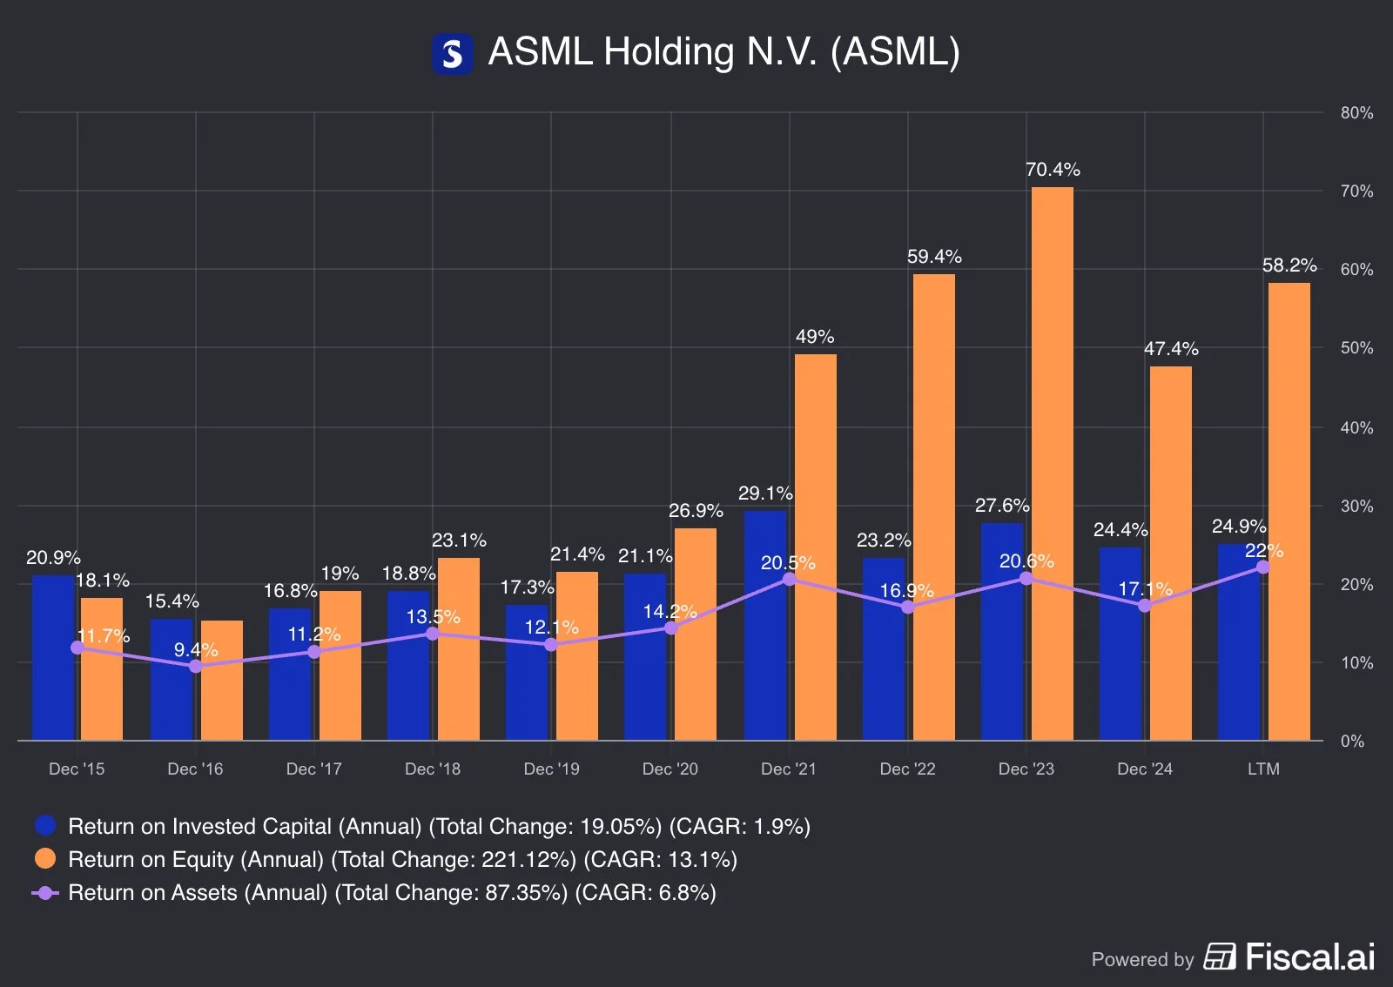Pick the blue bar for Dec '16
(x=172, y=679)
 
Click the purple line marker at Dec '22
(x=907, y=607)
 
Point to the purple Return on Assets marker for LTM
(x=1262, y=567)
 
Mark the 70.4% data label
(x=1053, y=170)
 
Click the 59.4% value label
(x=934, y=257)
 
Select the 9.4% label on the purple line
(x=196, y=650)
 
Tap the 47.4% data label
(x=1171, y=349)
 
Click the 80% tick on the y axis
(x=1356, y=113)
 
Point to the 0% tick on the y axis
(x=1352, y=742)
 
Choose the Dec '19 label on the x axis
(x=551, y=769)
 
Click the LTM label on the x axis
(x=1263, y=769)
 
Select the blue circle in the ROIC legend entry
(x=45, y=826)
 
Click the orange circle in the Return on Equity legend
(x=45, y=859)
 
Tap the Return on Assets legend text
(x=392, y=893)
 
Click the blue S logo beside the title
(x=453, y=54)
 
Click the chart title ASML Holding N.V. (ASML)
(x=723, y=52)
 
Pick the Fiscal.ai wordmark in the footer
(x=1309, y=957)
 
